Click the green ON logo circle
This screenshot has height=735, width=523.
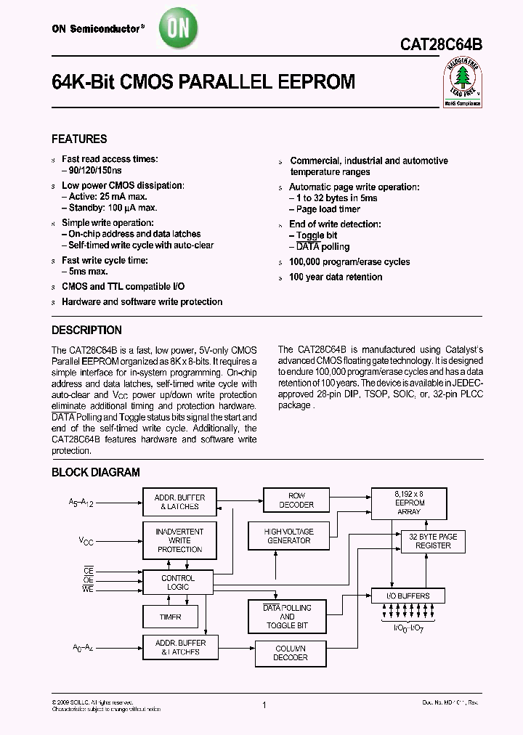pyautogui.click(x=177, y=30)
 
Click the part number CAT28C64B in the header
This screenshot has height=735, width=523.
pyautogui.click(x=440, y=45)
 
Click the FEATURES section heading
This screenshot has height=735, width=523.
pyautogui.click(x=79, y=139)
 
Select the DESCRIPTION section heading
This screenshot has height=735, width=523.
pyautogui.click(x=86, y=330)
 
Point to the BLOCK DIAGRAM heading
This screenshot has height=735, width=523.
pyautogui.click(x=95, y=472)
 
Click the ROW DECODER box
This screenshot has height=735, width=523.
pyautogui.click(x=296, y=500)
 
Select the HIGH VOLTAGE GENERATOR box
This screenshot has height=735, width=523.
pyautogui.click(x=288, y=536)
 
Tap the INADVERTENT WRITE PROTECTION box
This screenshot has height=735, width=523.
pyautogui.click(x=179, y=540)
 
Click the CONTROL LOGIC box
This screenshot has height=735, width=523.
pyautogui.click(x=178, y=582)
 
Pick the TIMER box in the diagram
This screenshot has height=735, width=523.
pyautogui.click(x=171, y=617)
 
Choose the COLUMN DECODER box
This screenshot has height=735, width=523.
pyautogui.click(x=290, y=653)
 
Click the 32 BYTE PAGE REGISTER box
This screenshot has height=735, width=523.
pyautogui.click(x=433, y=541)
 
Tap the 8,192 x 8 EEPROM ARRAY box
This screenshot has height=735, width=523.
pyautogui.click(x=410, y=503)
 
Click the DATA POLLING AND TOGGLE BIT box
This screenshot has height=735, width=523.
pyautogui.click(x=287, y=616)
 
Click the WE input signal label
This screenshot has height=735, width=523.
pyautogui.click(x=88, y=588)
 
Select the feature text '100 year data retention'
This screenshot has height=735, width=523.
pyautogui.click(x=336, y=277)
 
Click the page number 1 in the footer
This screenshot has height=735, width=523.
pyautogui.click(x=264, y=705)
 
